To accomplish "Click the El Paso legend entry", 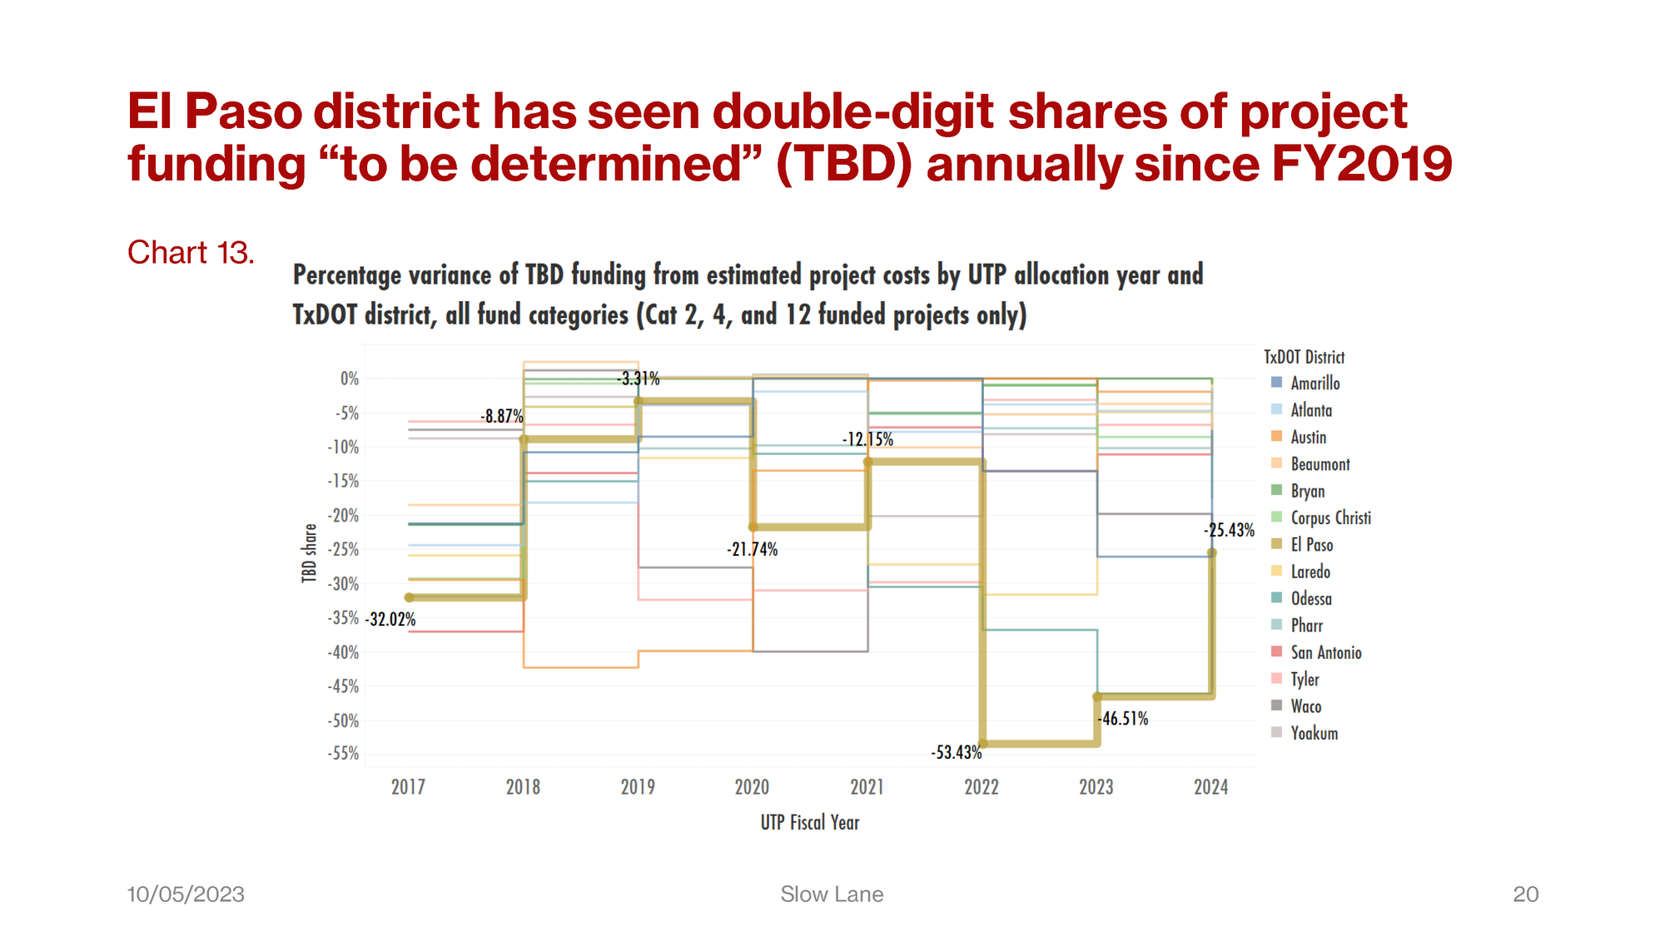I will pyautogui.click(x=1311, y=545).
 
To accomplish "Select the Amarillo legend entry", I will pyautogui.click(x=1315, y=384).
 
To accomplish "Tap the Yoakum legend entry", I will pyautogui.click(x=1314, y=733).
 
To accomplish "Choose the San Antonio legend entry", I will pyautogui.click(x=1325, y=652).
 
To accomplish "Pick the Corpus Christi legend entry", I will pyautogui.click(x=1330, y=518).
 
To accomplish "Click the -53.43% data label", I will pyautogui.click(x=956, y=752).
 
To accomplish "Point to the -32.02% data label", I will pyautogui.click(x=390, y=619).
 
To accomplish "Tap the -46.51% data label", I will pyautogui.click(x=1123, y=718).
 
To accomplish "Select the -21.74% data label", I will pyautogui.click(x=752, y=549).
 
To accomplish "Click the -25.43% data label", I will pyautogui.click(x=1228, y=530).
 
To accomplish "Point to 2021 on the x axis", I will pyautogui.click(x=867, y=787).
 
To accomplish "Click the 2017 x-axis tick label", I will pyautogui.click(x=408, y=787).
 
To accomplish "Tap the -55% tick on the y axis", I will pyautogui.click(x=343, y=754).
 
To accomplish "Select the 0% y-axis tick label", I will pyautogui.click(x=350, y=379).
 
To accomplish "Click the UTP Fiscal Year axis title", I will pyautogui.click(x=809, y=823).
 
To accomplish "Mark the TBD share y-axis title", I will pyautogui.click(x=310, y=552).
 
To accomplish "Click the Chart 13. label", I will pyautogui.click(x=191, y=252).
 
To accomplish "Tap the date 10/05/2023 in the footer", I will pyautogui.click(x=186, y=894).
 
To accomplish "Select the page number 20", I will pyautogui.click(x=1525, y=894).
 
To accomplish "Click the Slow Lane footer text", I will pyautogui.click(x=832, y=894).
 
